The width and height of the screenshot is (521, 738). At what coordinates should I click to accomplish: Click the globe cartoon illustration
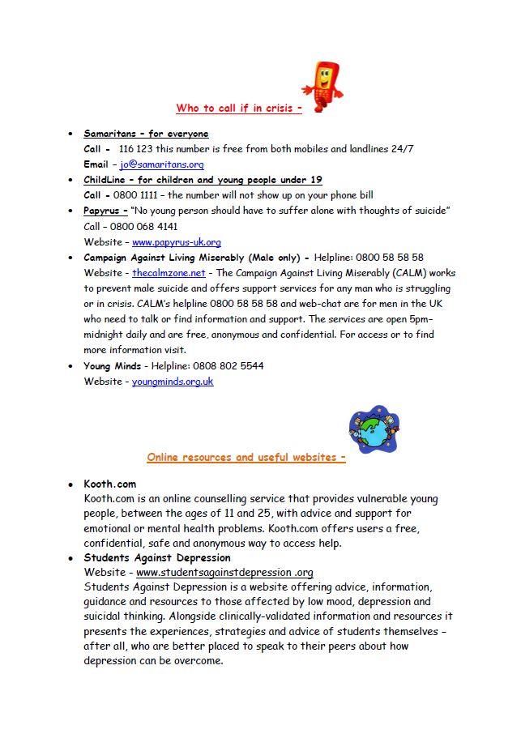click(374, 429)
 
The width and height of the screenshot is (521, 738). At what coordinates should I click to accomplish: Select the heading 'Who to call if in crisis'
click(238, 108)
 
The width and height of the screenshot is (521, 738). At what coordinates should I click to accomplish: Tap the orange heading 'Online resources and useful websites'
click(246, 457)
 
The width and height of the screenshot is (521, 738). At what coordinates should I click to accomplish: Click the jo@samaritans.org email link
click(162, 164)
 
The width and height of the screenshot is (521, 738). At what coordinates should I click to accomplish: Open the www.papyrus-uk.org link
click(176, 241)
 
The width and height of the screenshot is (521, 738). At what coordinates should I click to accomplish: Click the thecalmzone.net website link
click(169, 273)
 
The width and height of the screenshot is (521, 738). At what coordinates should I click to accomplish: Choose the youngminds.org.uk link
click(173, 381)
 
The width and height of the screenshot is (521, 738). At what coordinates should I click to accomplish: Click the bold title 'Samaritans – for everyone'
click(146, 134)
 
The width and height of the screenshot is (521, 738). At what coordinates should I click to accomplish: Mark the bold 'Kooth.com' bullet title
click(110, 484)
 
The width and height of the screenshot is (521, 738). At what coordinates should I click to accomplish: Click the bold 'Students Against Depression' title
click(157, 557)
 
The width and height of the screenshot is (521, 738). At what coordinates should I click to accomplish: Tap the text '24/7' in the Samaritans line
click(402, 149)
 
